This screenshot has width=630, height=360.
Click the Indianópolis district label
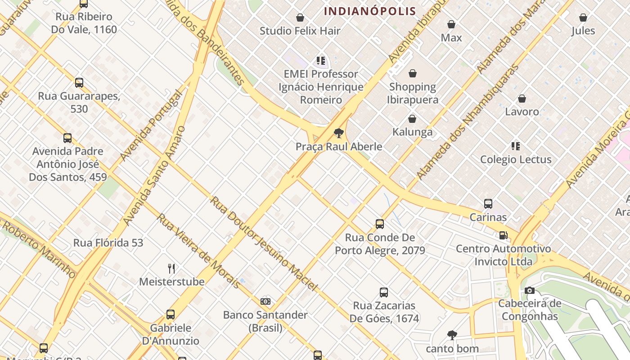pos(370,11)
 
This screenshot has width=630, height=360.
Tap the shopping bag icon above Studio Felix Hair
pos(300,18)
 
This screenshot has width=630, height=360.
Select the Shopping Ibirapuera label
pos(412,93)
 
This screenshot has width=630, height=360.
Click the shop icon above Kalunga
pos(412,119)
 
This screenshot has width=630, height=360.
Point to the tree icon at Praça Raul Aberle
pos(338,133)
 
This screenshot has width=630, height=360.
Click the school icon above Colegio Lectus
pos(515,146)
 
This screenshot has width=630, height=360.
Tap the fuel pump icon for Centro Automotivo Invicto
pos(503,235)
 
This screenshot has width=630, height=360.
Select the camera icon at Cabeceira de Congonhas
pos(530,290)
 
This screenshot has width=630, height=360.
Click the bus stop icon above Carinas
pos(488,204)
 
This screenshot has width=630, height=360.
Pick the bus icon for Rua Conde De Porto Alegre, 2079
pos(380,224)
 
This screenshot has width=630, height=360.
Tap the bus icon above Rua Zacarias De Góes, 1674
pos(384,292)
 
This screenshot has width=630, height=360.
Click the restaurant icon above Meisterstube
pos(171,269)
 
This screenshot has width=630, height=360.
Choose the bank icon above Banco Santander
pos(265,301)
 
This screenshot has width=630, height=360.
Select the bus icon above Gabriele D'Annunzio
pos(171,315)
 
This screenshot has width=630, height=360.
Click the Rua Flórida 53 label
pos(108,243)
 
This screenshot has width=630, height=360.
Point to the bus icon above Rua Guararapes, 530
pos(79,83)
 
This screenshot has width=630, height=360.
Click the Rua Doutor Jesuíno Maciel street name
pos(264,243)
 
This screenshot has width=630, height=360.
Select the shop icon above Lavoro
pos(522,98)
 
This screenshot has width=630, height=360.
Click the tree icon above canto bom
pos(452,335)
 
